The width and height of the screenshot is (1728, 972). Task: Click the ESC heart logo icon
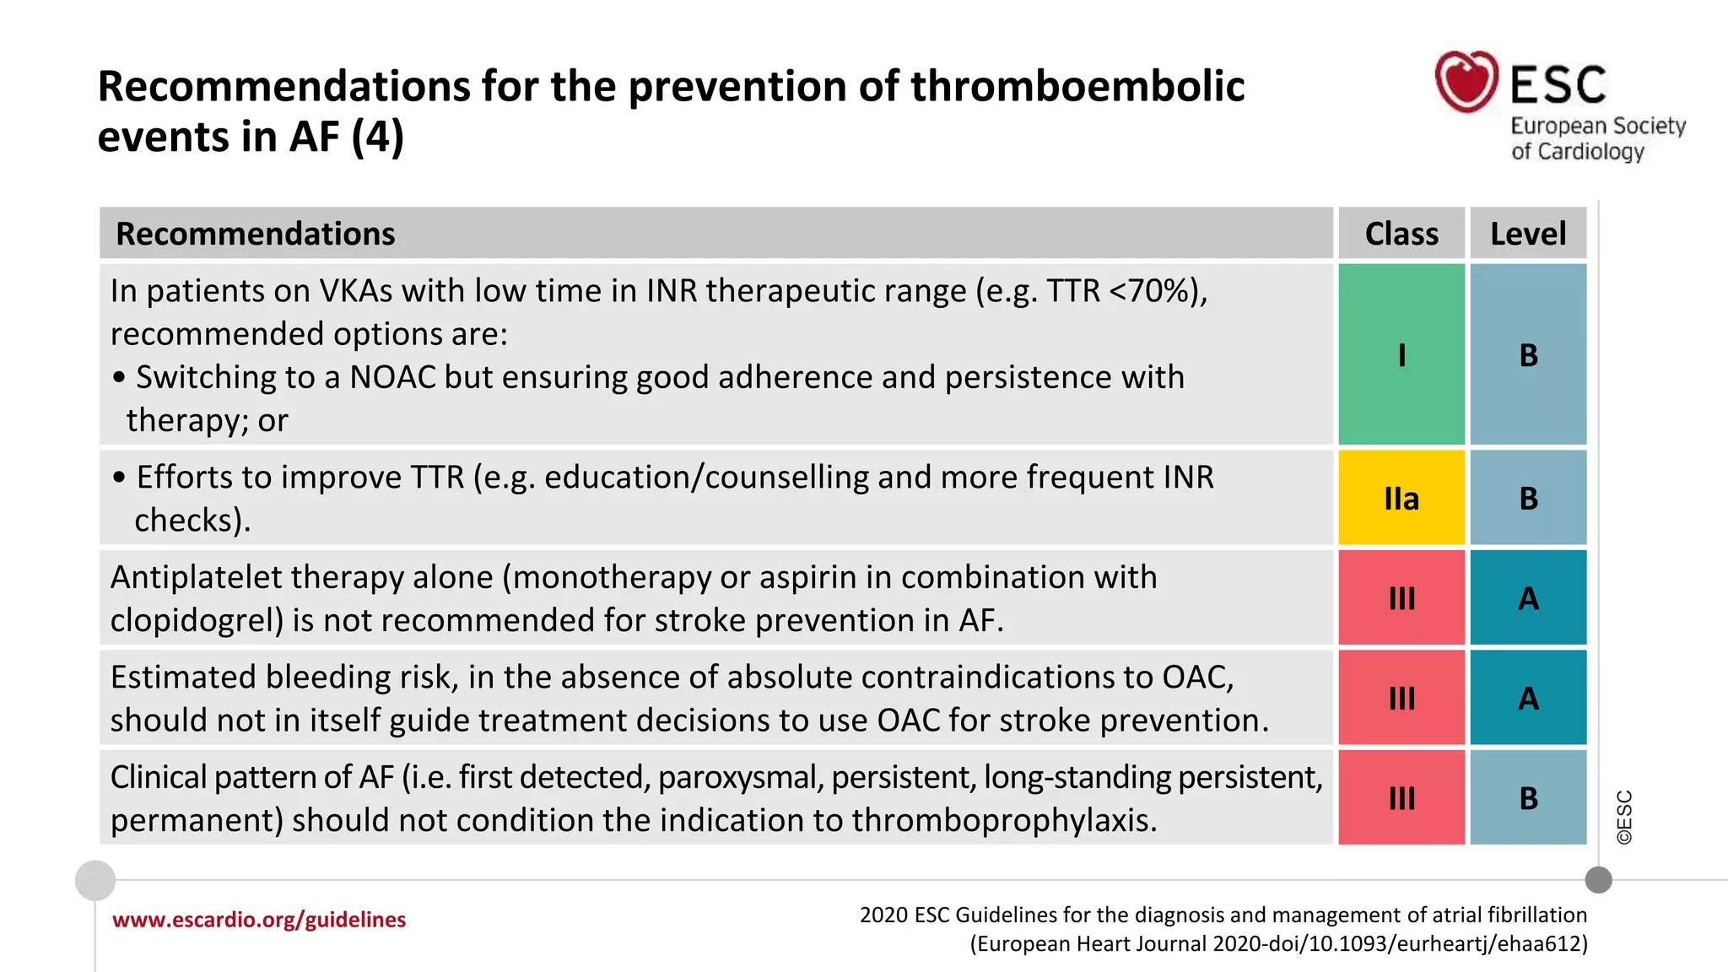coord(1466,82)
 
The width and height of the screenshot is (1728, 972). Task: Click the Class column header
coord(1401,234)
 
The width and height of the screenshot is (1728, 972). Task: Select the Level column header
coord(1527,234)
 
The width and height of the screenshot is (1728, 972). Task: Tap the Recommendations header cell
coord(255,234)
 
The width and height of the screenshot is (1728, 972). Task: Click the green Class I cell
coord(1401,354)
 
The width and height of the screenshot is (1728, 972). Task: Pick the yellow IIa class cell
coord(1401,498)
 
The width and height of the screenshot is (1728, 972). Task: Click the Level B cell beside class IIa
coord(1528,498)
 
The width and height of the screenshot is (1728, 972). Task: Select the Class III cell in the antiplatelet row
coord(1401,598)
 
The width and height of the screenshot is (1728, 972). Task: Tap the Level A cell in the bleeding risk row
coord(1528,698)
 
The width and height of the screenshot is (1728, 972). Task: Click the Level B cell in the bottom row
coord(1528,798)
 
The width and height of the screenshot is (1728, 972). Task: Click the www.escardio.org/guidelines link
coord(259,920)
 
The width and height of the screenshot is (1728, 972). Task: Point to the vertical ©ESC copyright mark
coord(1624,817)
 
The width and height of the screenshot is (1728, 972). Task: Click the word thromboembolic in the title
coord(1077,86)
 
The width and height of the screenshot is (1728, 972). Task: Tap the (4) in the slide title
coord(377,137)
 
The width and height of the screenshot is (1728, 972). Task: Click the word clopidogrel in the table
coord(197,621)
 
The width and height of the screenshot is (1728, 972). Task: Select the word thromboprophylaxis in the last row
coord(1004,820)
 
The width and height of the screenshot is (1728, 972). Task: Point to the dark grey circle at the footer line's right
coord(1598,880)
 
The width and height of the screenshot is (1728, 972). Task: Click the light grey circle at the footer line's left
coord(95,880)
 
